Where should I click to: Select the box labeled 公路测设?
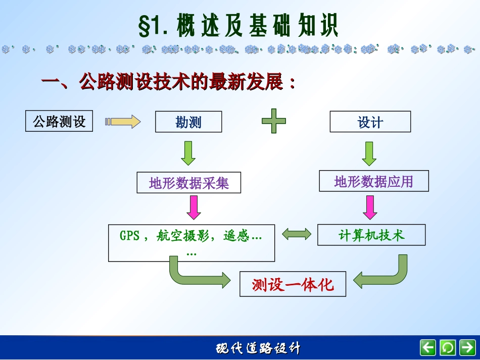point(59,122)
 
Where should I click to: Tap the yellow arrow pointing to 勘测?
point(123,122)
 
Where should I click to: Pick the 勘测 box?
point(188,122)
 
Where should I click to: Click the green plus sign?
point(273,122)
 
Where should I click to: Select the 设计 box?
point(370,122)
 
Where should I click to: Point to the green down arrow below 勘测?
point(188,153)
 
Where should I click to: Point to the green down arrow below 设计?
point(369,153)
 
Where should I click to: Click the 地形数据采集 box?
point(189,183)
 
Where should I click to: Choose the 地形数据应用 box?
point(373,181)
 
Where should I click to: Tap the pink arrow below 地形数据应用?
point(370,207)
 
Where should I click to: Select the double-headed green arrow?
point(297,234)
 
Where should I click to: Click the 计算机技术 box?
point(371,235)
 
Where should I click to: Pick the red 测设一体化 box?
point(293,284)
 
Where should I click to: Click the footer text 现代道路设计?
point(258,348)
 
